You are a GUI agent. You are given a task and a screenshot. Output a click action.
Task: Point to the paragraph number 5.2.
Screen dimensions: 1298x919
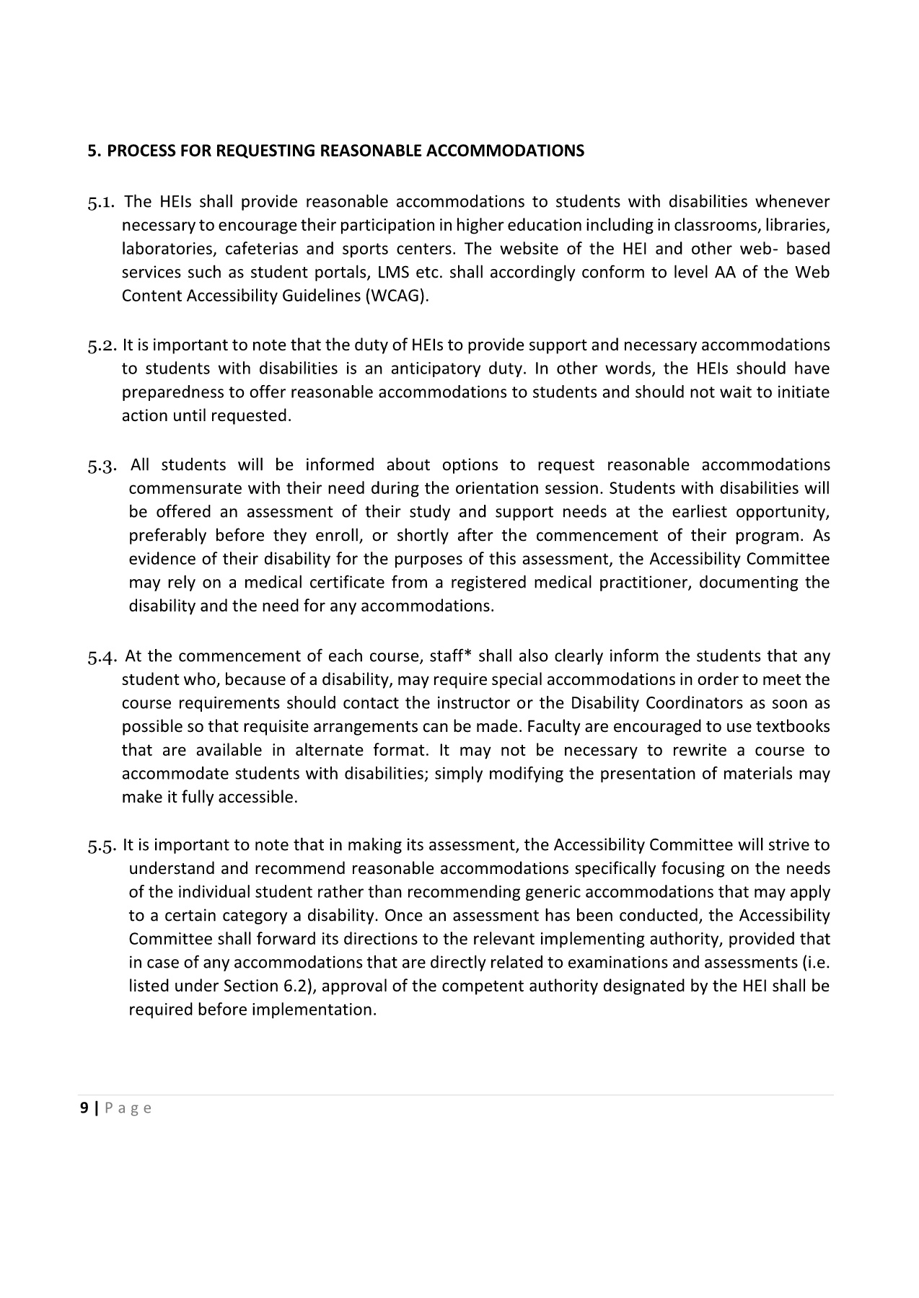tap(102, 346)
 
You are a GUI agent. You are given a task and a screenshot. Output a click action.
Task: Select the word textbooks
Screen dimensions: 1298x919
tap(794, 727)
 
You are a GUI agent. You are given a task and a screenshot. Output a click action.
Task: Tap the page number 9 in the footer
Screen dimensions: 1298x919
tap(84, 1108)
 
